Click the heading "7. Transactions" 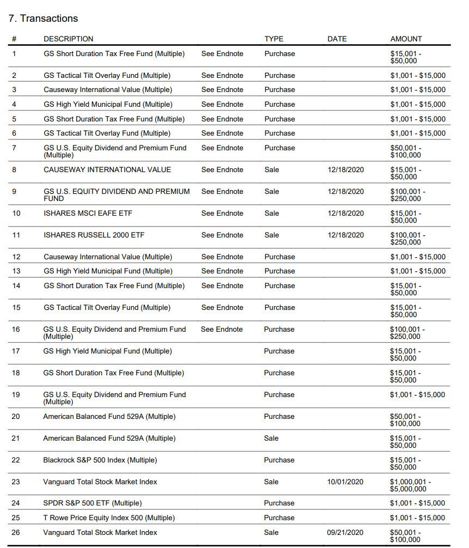coord(43,19)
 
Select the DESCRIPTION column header coord(68,39)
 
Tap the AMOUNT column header coord(406,39)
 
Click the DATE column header coord(337,39)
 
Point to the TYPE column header coord(274,39)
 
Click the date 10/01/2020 coord(345,482)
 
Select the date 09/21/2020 coord(345,532)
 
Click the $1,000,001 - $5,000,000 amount coord(410,485)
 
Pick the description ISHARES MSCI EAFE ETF coord(88,213)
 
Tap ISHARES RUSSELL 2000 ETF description coord(94,235)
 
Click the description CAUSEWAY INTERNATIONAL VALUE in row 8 coord(107,169)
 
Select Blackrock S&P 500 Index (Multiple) coord(100,460)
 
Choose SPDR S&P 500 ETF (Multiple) coord(92,503)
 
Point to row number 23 coord(16,482)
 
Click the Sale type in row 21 coord(271,438)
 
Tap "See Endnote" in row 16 coord(222,329)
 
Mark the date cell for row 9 coord(345,191)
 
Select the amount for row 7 coord(406,151)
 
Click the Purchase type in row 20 coord(279,416)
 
